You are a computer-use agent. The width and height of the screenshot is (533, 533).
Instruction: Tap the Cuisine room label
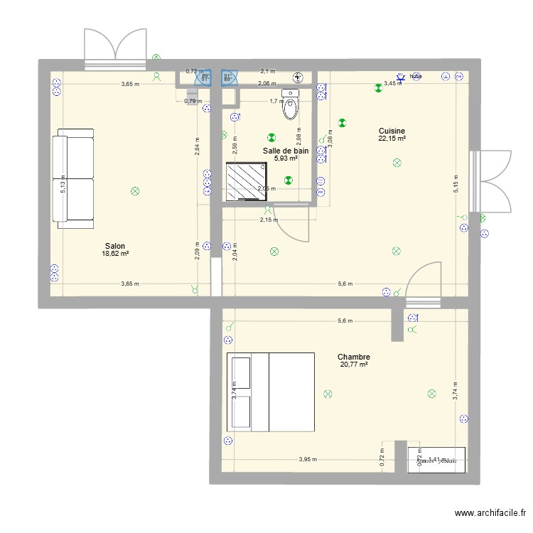coord(392,131)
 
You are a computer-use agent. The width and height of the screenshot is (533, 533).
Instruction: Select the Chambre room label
coord(353,357)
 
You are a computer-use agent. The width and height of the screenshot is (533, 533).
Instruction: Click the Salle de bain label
coord(286,151)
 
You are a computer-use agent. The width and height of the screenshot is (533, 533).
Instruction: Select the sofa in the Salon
coord(75,178)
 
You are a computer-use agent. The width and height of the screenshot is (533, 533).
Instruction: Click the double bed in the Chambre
coord(270,392)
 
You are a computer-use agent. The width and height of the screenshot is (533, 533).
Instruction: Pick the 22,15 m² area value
coord(392,139)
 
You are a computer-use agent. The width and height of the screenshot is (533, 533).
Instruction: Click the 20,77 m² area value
coord(353,365)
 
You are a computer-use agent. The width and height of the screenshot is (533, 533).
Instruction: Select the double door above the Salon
coord(114,49)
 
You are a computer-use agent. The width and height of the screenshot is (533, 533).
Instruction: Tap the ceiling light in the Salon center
coord(134,190)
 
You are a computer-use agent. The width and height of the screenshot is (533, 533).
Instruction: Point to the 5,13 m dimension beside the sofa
coord(63,187)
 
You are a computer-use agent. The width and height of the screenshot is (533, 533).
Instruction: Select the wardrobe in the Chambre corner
coord(436,460)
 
